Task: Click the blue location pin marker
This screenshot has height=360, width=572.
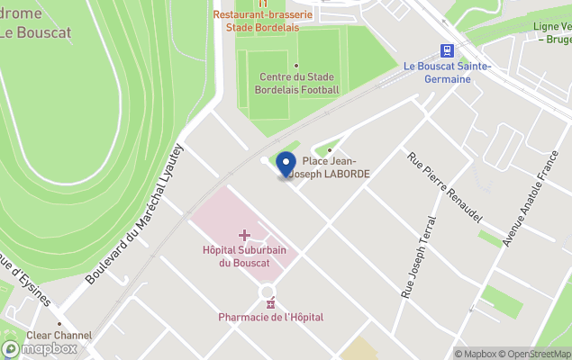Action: click(286, 164)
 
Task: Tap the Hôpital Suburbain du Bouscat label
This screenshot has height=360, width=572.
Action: click(244, 256)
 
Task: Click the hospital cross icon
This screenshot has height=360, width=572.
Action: click(244, 235)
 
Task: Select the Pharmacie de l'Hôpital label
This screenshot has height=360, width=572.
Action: click(270, 317)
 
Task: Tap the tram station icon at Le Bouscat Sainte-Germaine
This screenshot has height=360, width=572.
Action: click(446, 50)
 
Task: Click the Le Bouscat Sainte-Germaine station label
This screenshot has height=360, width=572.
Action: click(448, 73)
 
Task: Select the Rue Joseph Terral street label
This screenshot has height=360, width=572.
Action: click(417, 256)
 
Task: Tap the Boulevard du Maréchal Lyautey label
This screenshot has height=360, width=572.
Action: click(135, 213)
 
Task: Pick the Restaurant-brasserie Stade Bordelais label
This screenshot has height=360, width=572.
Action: click(264, 21)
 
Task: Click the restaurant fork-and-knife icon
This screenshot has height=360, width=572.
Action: click(264, 3)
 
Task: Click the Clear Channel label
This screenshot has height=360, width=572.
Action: click(60, 336)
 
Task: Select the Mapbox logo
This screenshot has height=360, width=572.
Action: click(40, 348)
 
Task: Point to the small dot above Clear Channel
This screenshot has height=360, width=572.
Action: click(59, 324)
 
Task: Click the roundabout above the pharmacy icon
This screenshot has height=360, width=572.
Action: click(268, 290)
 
